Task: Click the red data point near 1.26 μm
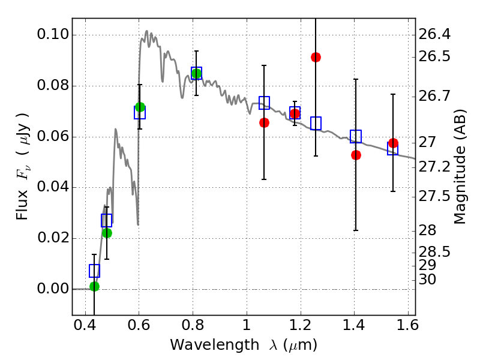click(x=316, y=57)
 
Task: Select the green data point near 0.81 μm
click(x=196, y=74)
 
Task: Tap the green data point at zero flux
click(x=94, y=286)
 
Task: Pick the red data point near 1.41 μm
click(x=356, y=155)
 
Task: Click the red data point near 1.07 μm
click(x=264, y=122)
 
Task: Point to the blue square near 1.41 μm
click(x=356, y=136)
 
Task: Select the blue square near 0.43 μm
click(x=94, y=271)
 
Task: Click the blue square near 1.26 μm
click(x=316, y=123)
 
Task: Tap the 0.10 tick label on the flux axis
click(x=52, y=35)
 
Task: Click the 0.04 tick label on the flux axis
click(x=52, y=187)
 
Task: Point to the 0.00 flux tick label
click(x=52, y=289)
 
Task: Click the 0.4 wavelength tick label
click(x=85, y=328)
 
